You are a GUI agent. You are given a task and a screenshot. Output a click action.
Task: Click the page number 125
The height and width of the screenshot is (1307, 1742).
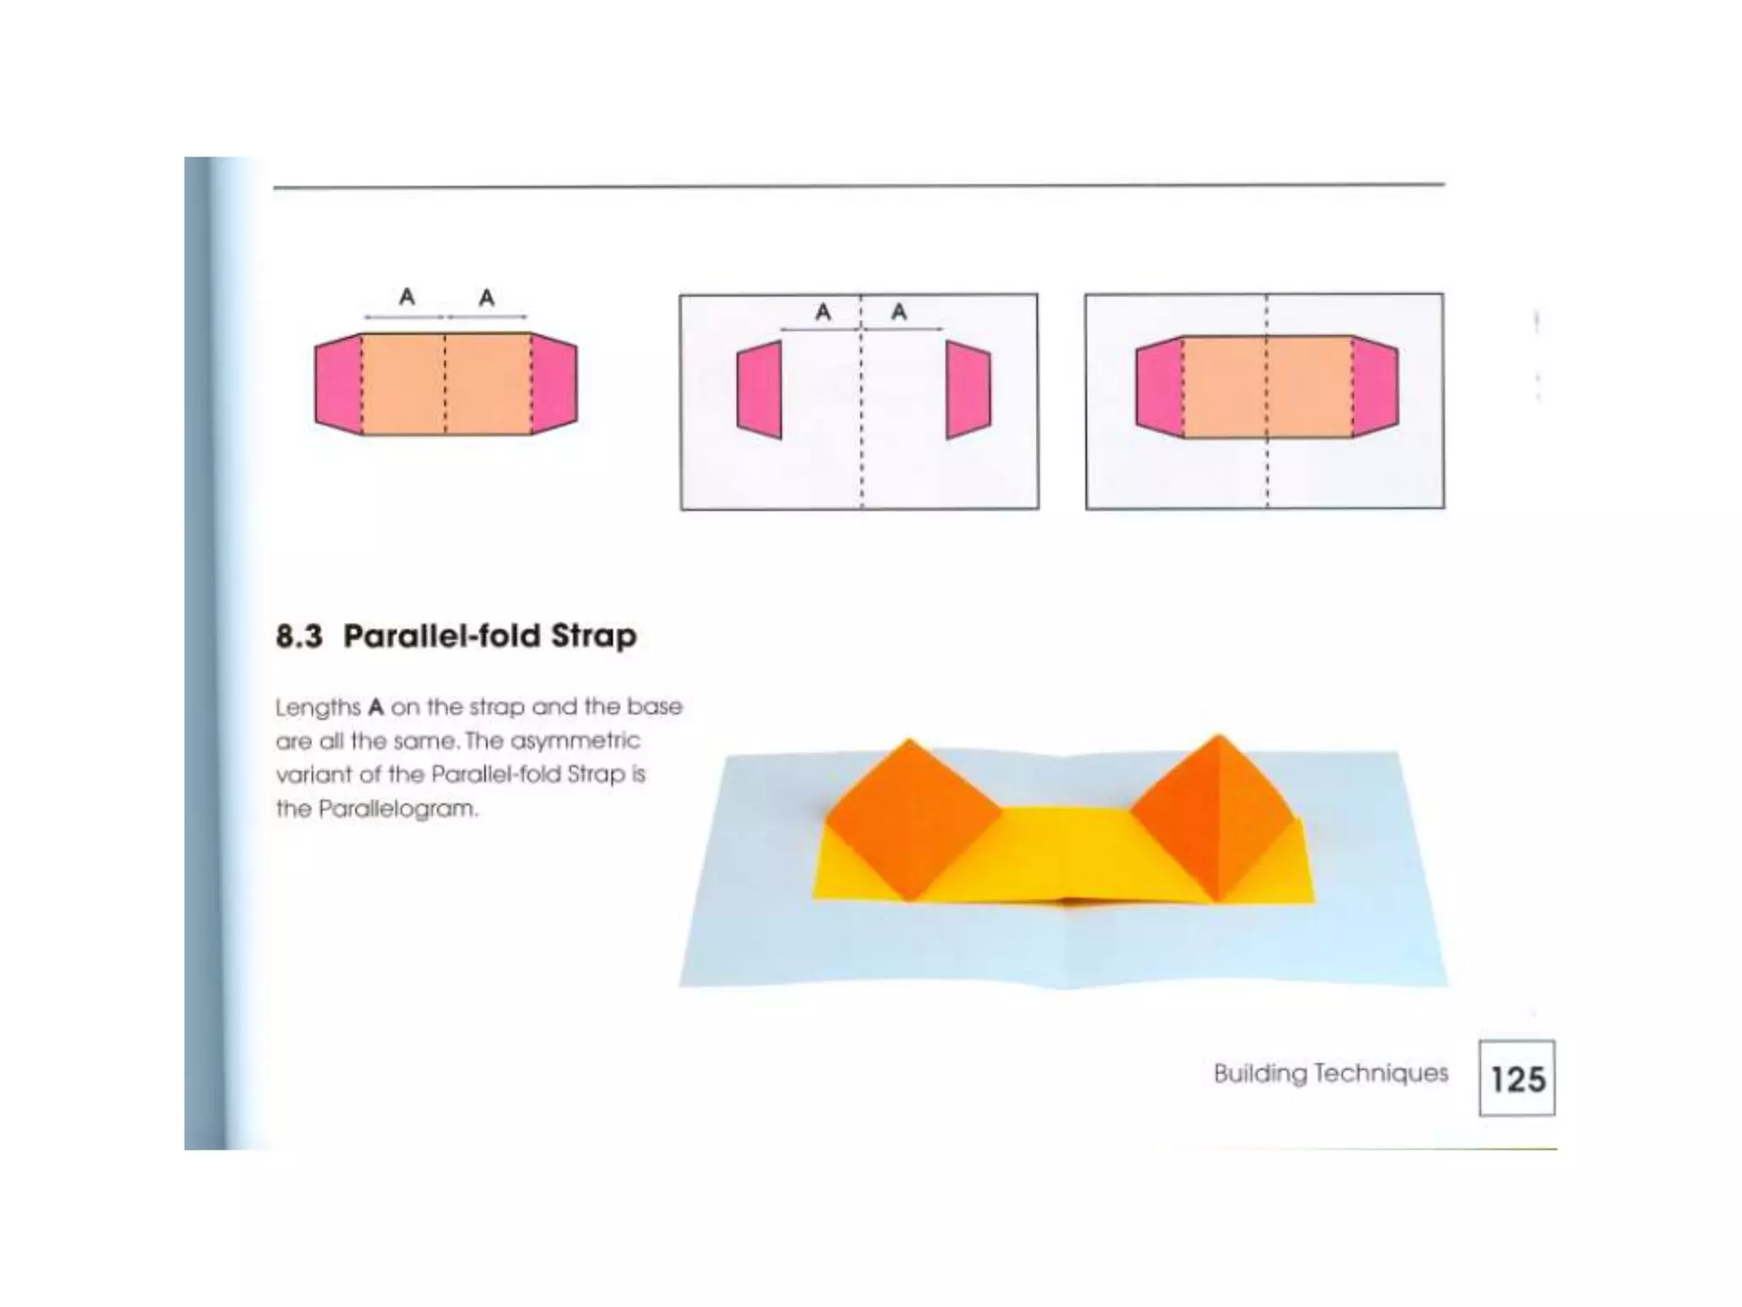point(1517,1079)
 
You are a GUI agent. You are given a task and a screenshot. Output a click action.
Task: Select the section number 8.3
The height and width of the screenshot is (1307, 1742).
point(299,636)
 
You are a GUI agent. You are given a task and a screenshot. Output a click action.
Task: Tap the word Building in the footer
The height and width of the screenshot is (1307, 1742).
point(1260,1074)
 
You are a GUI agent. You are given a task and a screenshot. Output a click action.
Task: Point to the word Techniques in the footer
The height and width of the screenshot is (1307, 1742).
point(1381,1073)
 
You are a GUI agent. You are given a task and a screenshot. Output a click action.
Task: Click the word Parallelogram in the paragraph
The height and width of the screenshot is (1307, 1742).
point(398,809)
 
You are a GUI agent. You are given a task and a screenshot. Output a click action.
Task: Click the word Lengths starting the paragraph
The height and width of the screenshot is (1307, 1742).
point(318,708)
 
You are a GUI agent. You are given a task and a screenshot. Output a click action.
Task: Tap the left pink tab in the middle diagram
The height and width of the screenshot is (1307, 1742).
point(760,391)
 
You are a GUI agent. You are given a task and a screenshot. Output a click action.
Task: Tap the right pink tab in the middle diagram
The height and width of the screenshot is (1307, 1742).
point(968,391)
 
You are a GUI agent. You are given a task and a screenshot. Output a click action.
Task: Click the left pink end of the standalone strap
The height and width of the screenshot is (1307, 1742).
point(339,385)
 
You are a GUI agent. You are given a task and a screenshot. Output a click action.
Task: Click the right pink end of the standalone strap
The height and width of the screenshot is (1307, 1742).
point(554,385)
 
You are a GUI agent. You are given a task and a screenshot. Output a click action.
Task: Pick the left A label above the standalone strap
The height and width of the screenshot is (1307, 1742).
point(407,297)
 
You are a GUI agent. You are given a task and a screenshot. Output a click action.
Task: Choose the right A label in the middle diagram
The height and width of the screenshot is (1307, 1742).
point(899,312)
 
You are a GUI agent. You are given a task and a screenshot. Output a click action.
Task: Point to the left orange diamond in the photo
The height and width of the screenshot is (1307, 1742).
point(912,819)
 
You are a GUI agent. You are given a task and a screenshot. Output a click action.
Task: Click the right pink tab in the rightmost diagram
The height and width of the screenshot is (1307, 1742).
point(1375,387)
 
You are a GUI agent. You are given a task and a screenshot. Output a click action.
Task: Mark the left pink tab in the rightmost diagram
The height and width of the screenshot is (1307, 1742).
point(1159,387)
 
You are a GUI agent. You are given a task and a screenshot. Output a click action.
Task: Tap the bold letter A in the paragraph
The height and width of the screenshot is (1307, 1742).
point(376,708)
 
